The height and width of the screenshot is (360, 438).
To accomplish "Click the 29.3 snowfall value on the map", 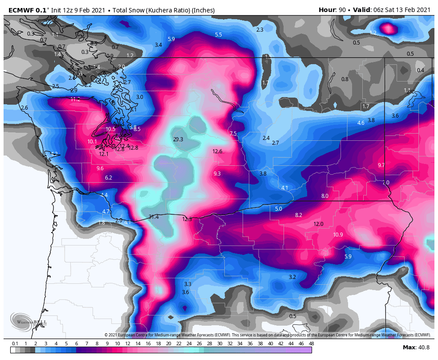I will click(x=178, y=139).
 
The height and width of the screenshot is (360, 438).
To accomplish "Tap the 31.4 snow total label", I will click(x=154, y=217).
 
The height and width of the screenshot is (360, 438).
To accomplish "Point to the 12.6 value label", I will click(x=217, y=151).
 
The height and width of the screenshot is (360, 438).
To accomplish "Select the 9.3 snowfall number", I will click(x=217, y=174).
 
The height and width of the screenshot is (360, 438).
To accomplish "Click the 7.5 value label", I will click(x=233, y=134).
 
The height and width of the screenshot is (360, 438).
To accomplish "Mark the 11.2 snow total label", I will click(x=75, y=99).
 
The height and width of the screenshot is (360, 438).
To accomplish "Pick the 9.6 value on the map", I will click(x=100, y=168).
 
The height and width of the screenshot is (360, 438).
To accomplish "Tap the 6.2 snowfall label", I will click(x=109, y=178).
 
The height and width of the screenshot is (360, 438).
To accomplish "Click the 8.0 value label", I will click(x=324, y=196).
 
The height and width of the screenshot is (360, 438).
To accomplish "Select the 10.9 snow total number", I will click(x=338, y=235).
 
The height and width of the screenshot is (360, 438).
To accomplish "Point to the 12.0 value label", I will click(x=318, y=224).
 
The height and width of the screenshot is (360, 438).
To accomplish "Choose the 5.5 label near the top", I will click(x=218, y=35).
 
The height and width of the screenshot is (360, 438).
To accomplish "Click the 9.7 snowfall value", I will click(x=381, y=165).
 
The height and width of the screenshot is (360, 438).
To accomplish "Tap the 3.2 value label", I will click(x=292, y=277).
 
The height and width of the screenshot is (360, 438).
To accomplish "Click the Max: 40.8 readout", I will click(x=416, y=348).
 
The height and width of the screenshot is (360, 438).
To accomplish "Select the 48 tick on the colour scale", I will click(x=311, y=344).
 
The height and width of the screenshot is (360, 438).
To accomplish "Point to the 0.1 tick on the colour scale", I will click(x=15, y=344).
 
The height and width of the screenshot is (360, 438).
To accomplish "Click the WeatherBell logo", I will click(x=21, y=321).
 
